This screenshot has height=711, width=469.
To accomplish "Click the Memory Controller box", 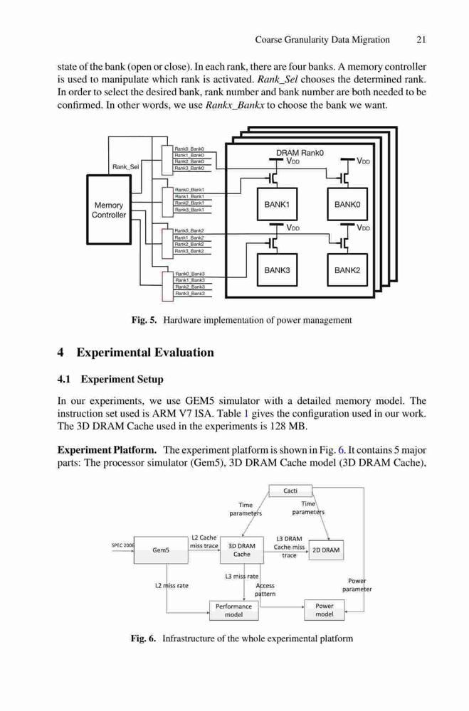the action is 109,210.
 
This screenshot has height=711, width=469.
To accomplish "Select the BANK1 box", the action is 277,205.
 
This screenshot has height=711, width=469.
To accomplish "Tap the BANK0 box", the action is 347,205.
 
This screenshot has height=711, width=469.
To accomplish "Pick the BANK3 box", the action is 277,270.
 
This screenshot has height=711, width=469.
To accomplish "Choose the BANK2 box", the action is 347,270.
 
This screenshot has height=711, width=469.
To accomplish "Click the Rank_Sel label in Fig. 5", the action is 126,167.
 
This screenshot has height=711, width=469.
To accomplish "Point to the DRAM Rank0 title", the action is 300,153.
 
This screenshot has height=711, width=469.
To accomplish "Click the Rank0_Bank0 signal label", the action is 190,149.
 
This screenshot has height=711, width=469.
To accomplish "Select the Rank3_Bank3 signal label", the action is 190,294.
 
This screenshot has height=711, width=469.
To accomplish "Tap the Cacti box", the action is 290,491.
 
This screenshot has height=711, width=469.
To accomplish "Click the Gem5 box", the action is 161,550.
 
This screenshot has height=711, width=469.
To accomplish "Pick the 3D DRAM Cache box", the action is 241,550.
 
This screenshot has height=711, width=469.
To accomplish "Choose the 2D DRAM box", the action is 326,550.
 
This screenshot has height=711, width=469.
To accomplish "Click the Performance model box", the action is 234,610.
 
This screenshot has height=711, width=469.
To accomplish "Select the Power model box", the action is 324,610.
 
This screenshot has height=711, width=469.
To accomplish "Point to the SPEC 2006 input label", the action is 122,545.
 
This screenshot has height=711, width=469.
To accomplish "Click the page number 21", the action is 421,39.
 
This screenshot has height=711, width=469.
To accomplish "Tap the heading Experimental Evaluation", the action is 145,353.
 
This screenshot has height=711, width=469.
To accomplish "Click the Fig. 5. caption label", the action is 144,320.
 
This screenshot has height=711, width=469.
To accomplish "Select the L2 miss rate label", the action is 172,585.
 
